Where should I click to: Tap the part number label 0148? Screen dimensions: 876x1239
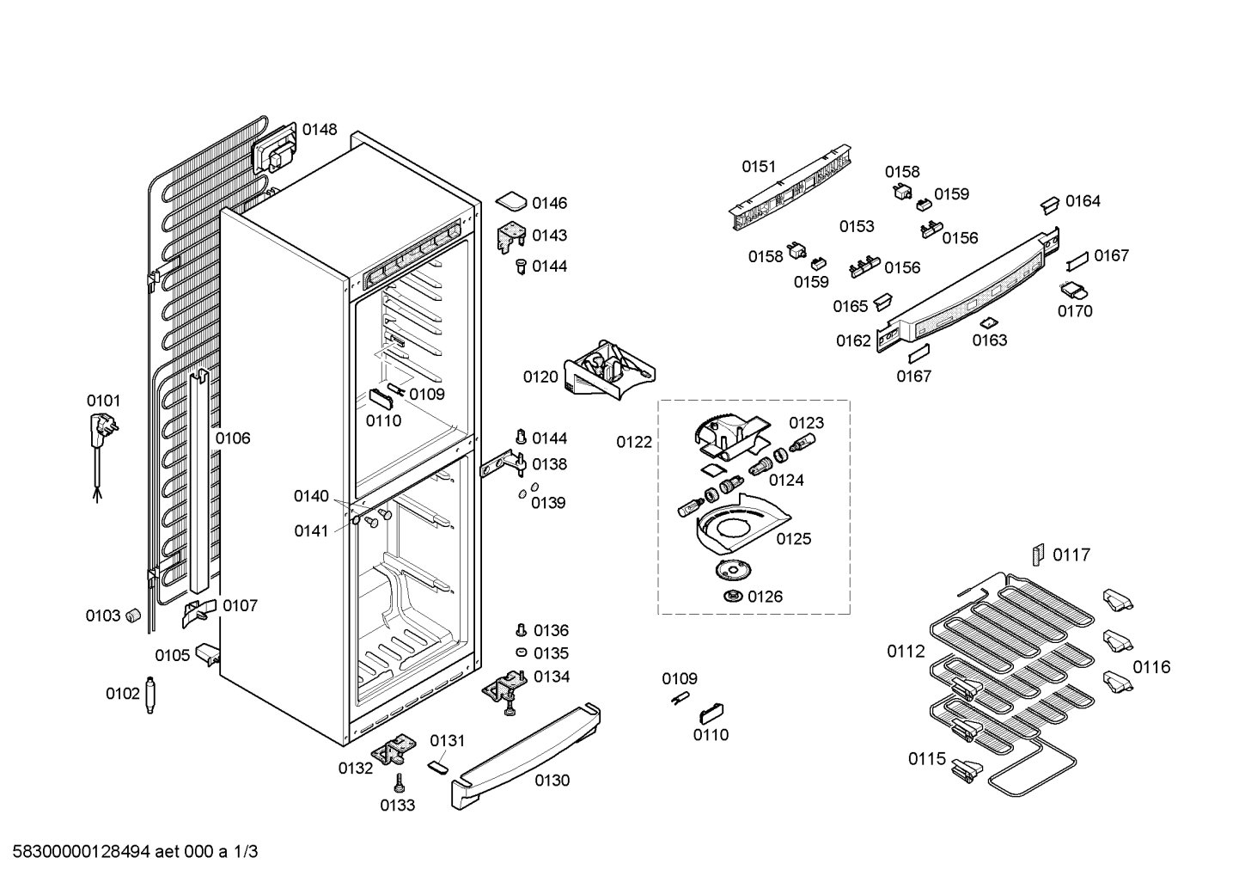(x=319, y=130)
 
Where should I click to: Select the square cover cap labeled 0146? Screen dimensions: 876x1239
(x=511, y=202)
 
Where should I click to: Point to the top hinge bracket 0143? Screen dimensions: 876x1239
(x=511, y=236)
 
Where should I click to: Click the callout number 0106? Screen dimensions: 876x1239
(x=232, y=438)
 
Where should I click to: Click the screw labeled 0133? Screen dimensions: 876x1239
(x=400, y=783)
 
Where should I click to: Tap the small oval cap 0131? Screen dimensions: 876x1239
(x=439, y=764)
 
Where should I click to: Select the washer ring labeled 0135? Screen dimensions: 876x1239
(x=521, y=653)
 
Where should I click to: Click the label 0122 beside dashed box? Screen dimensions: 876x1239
(x=634, y=442)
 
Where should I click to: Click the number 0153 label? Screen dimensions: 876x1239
(x=857, y=226)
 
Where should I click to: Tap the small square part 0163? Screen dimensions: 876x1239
(x=988, y=323)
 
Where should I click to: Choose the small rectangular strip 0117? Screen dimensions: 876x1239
(x=1039, y=554)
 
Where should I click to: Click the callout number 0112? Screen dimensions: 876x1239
(x=906, y=652)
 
